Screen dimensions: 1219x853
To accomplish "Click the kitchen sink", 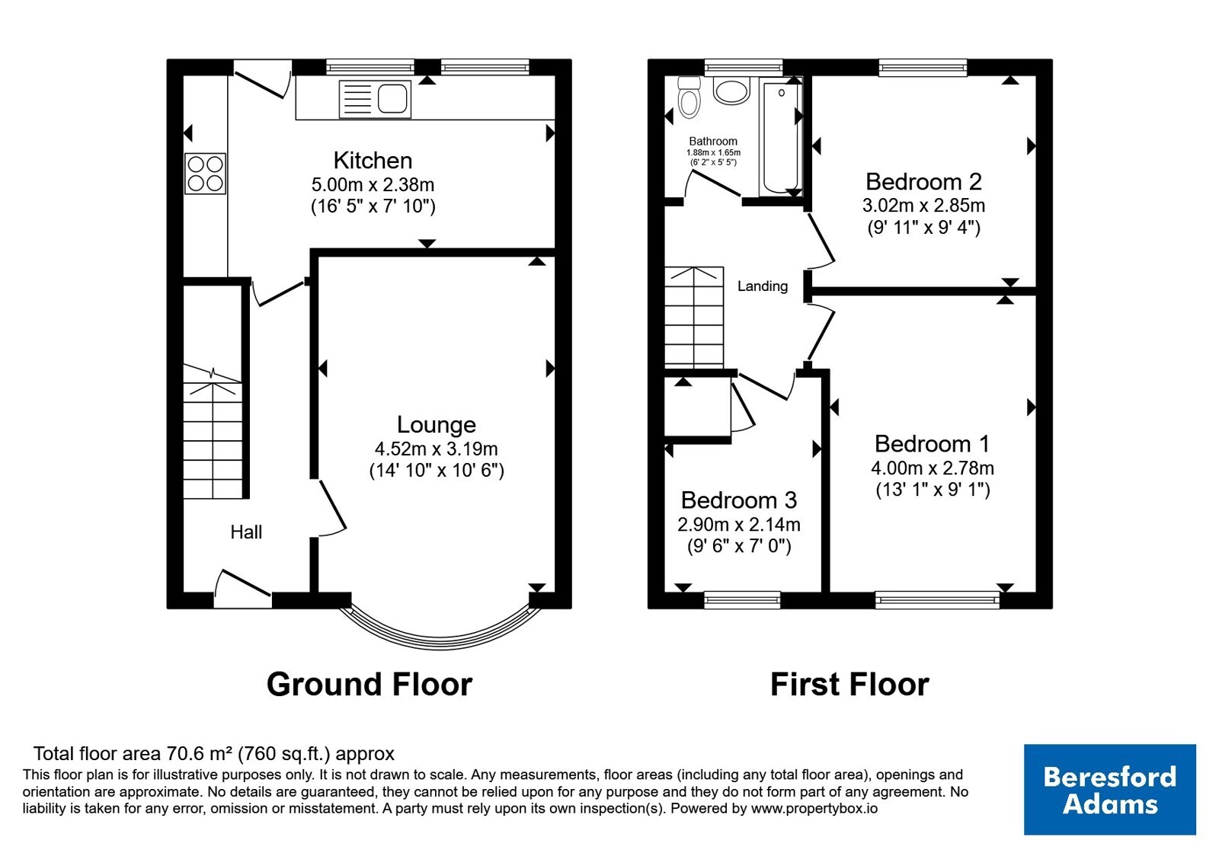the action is (374, 99).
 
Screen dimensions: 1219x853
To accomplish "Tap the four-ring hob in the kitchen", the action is (205, 174).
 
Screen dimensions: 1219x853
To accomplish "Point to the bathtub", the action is (782, 136).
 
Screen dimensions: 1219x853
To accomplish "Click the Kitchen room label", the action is (373, 161).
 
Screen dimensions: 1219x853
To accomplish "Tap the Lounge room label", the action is (437, 424).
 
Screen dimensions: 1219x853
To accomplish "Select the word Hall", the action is (246, 532).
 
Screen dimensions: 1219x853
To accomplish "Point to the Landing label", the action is (763, 286).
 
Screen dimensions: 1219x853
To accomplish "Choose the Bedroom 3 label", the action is (738, 500).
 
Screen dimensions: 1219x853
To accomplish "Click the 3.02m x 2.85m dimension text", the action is (923, 205).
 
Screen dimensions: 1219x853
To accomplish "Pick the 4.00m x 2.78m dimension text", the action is (933, 468).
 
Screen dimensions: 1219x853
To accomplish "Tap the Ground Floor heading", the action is (370, 685).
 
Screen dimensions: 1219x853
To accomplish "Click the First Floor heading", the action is (849, 685).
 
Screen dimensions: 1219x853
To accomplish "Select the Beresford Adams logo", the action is (1109, 789).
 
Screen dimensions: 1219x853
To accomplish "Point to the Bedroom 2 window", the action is (923, 68).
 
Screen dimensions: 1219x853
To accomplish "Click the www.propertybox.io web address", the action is (814, 808).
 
